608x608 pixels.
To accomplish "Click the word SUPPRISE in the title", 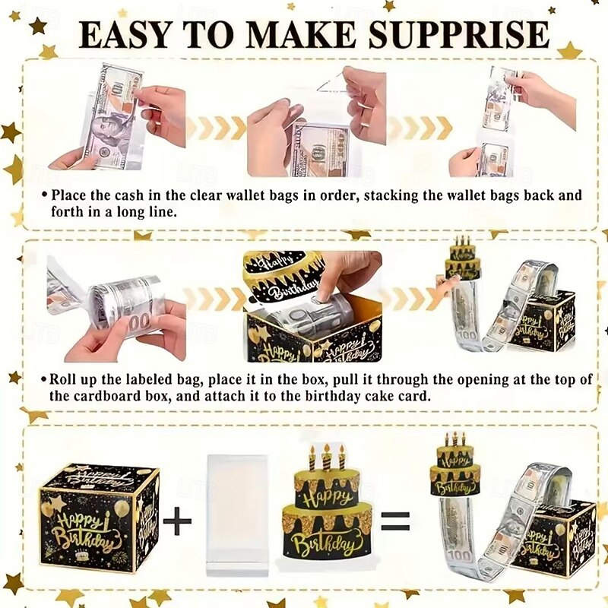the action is click(458, 34).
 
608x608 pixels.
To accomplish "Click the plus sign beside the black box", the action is click(177, 521).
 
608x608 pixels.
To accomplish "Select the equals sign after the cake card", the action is click(395, 521).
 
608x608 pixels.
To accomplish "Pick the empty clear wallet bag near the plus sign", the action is click(237, 515).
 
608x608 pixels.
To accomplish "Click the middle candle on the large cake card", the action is click(327, 457).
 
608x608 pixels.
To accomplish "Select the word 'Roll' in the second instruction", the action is click(62, 378).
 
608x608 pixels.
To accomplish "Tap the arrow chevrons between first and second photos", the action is click(217, 128).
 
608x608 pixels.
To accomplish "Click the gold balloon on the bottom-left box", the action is click(122, 507).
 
